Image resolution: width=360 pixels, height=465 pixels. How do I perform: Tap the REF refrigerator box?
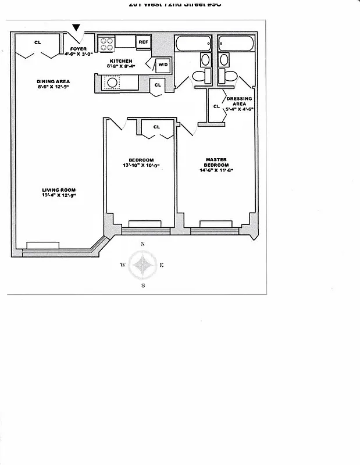143,42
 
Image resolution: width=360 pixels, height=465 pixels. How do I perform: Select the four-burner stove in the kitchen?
106,41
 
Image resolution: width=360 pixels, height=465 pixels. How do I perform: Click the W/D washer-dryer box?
162,65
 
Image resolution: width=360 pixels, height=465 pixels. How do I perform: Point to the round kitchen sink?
111,83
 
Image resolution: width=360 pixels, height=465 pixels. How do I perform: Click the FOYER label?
79,49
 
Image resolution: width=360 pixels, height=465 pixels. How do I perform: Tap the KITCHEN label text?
120,61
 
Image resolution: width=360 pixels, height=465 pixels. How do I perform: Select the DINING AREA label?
54,81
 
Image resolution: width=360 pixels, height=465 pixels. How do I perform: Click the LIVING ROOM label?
58,190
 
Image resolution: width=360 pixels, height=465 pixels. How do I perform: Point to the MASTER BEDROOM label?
216,162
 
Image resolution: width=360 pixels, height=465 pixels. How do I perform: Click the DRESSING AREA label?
239,102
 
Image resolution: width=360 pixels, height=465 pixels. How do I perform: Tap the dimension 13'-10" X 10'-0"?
141,166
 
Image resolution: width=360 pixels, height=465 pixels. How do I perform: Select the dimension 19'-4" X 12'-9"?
59,196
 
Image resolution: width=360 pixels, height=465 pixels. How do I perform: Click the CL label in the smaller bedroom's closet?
156,127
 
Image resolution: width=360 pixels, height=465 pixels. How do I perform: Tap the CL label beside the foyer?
37,42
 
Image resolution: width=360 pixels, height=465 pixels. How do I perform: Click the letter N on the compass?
142,245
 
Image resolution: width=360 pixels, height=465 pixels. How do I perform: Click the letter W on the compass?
123,265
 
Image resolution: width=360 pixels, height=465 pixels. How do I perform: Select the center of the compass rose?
142,265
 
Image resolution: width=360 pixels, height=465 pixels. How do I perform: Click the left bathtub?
195,44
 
